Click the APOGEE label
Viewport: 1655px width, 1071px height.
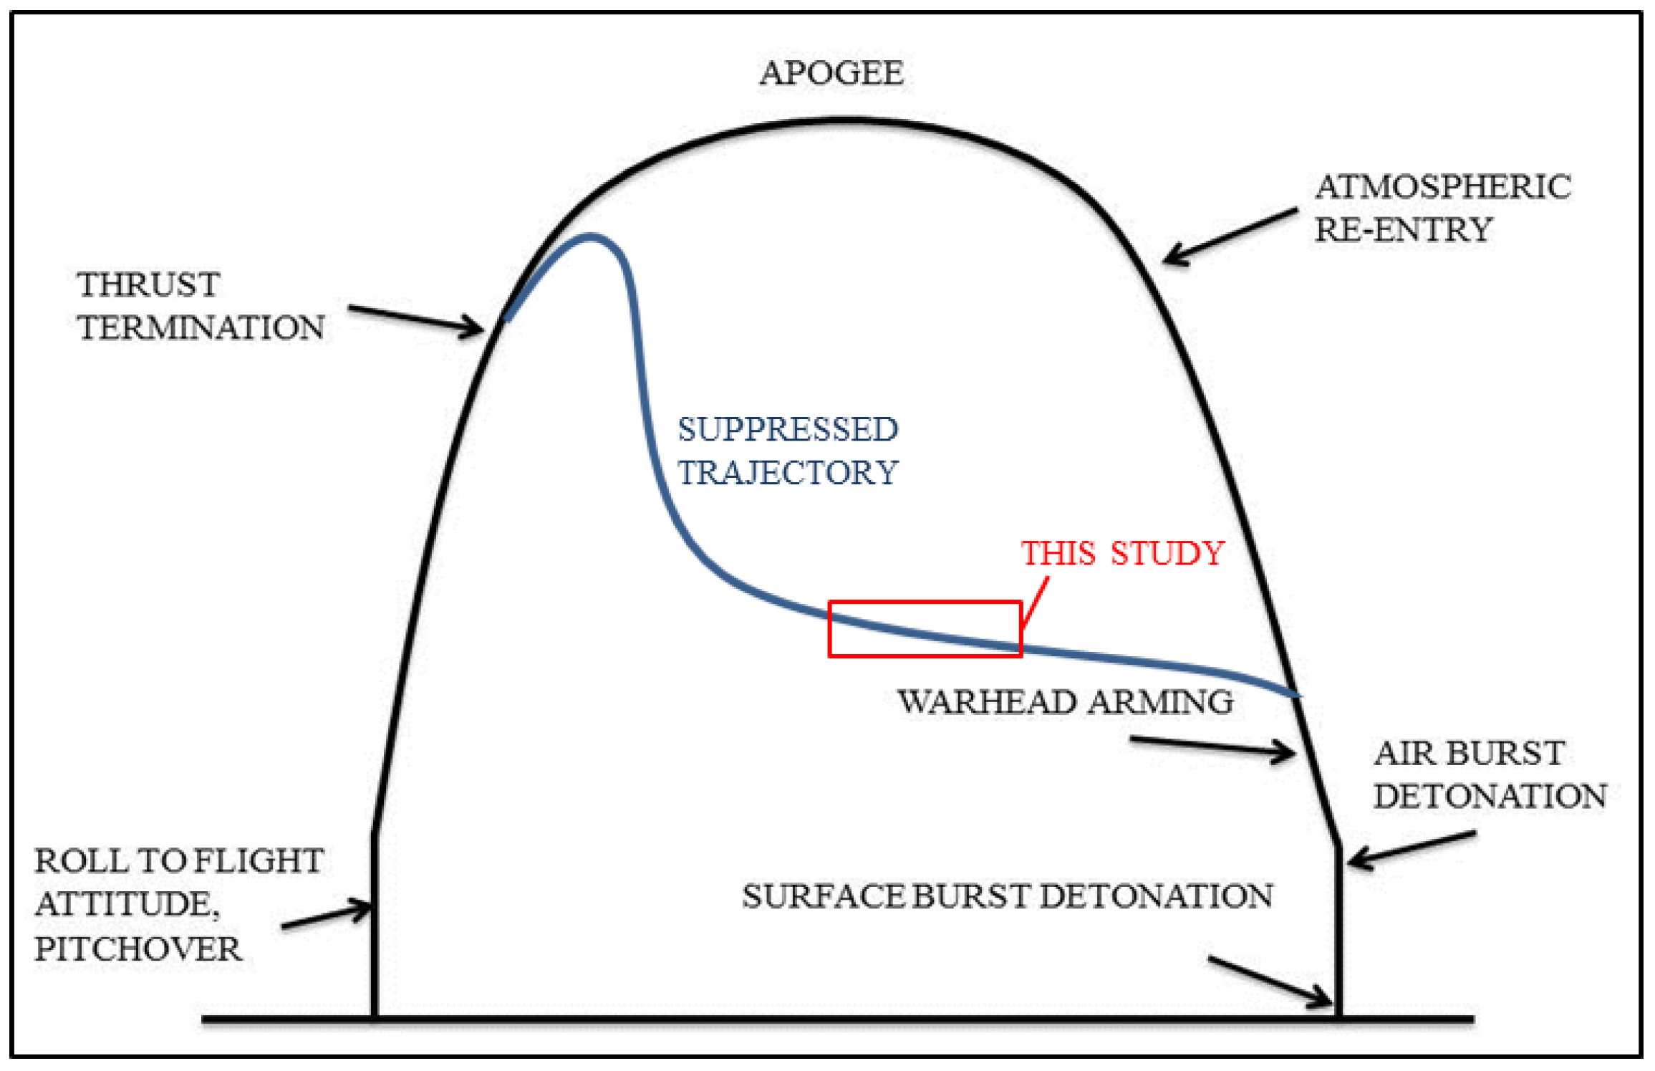(831, 73)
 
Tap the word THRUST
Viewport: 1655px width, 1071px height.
(148, 284)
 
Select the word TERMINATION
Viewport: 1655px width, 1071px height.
(201, 327)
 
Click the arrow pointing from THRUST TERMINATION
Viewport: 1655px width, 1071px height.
(415, 319)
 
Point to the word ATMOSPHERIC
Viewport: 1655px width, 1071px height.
(1442, 187)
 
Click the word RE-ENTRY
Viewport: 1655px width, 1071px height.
(1402, 230)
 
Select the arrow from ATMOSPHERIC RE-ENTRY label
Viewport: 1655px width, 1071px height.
(1229, 236)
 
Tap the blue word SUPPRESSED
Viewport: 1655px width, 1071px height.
(788, 429)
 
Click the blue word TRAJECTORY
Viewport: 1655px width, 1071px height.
(788, 473)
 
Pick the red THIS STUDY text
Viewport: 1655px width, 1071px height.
(1122, 553)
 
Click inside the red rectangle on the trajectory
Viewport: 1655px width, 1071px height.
(924, 628)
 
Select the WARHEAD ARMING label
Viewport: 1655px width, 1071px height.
(1065, 701)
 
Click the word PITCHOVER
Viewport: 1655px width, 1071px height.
(138, 948)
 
